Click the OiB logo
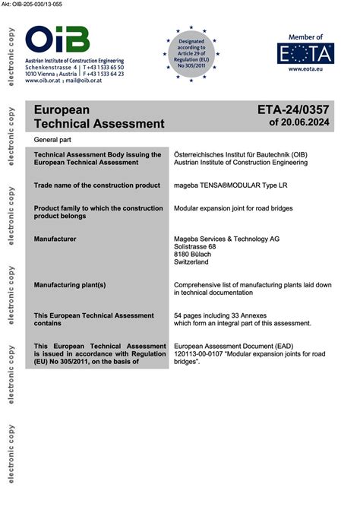click(57, 40)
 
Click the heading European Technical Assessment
click(99, 116)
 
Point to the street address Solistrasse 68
click(196, 247)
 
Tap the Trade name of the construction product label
click(97, 185)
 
